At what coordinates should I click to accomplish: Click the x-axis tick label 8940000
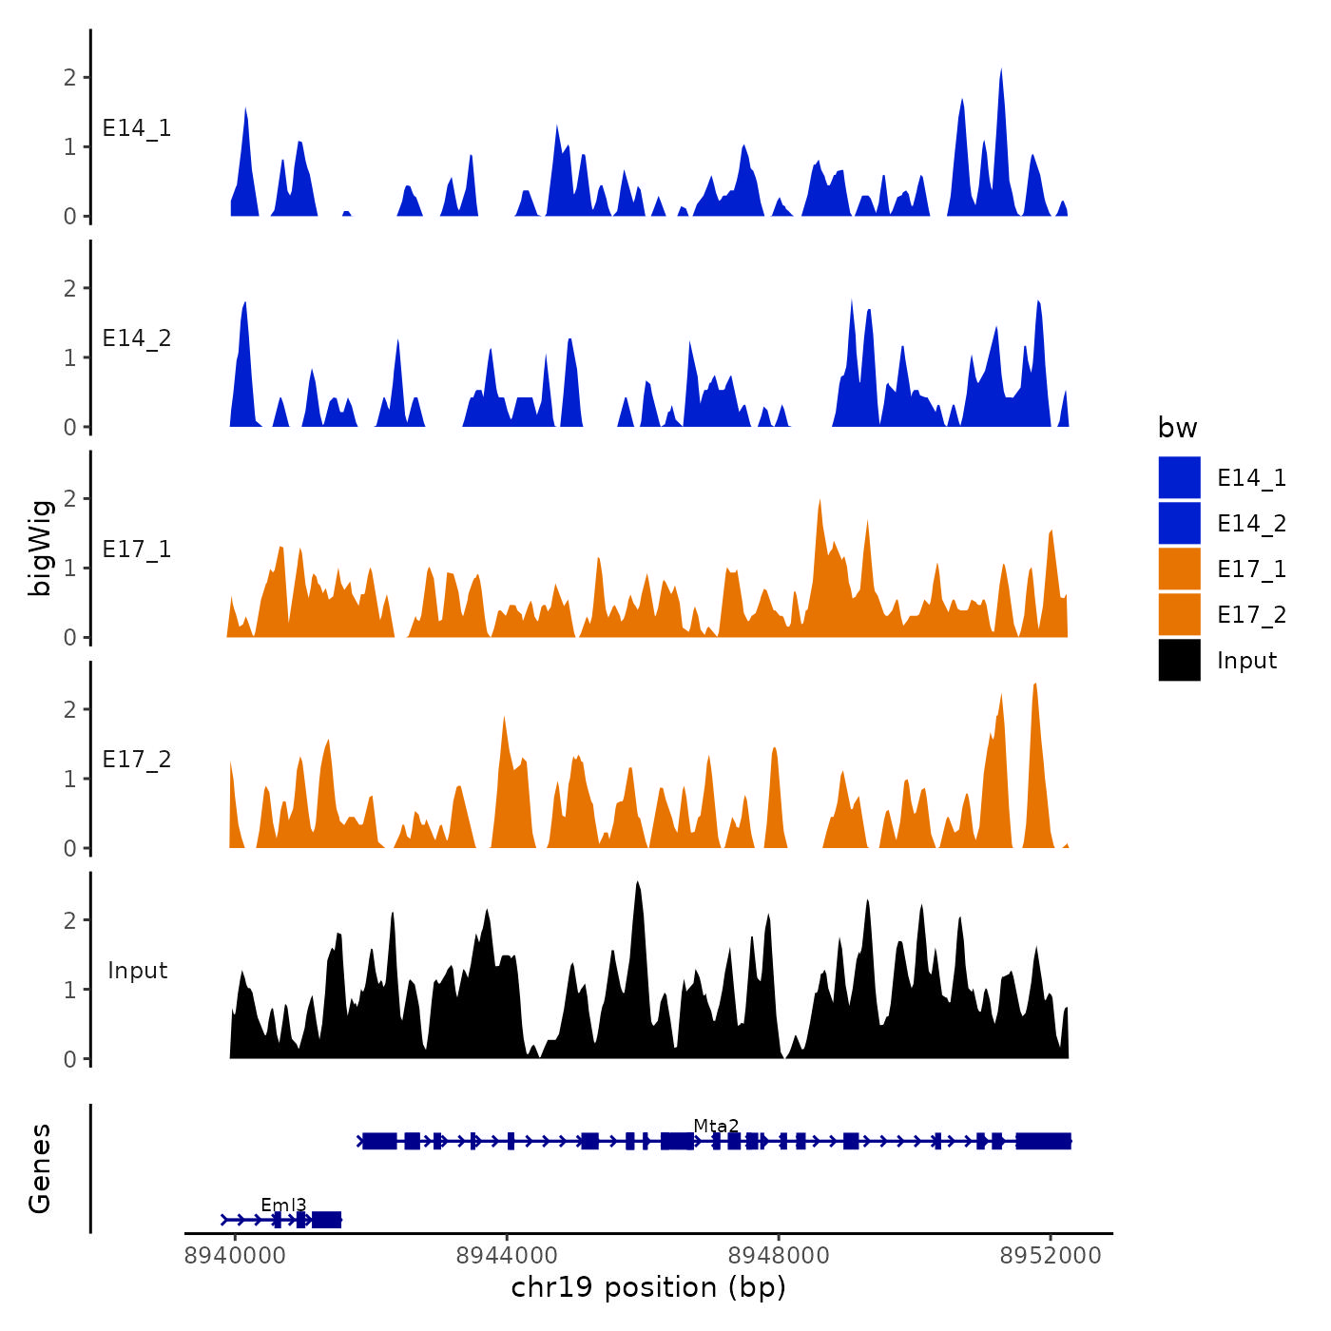coord(234,1255)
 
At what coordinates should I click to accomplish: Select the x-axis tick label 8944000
coord(507,1255)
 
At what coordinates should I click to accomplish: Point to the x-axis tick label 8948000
coord(779,1255)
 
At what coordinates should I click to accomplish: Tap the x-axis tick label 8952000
coord(1051,1255)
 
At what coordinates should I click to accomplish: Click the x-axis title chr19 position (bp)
coord(648,1287)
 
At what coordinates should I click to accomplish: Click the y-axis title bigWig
coord(40,548)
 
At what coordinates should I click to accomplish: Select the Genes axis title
coord(40,1168)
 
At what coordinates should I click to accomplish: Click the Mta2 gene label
coord(716,1126)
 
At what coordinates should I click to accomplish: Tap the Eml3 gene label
coord(283,1206)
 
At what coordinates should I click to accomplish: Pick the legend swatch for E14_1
coord(1179,477)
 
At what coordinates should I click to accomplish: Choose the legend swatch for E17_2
coord(1179,614)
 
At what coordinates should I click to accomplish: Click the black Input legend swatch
coord(1179,660)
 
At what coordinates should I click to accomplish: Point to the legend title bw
coord(1177,428)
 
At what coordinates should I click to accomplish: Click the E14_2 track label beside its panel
coord(137,338)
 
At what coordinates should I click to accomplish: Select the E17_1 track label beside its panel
coord(137,550)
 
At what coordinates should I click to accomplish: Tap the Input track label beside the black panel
coord(137,971)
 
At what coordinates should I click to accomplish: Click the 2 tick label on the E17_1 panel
coord(69,498)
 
